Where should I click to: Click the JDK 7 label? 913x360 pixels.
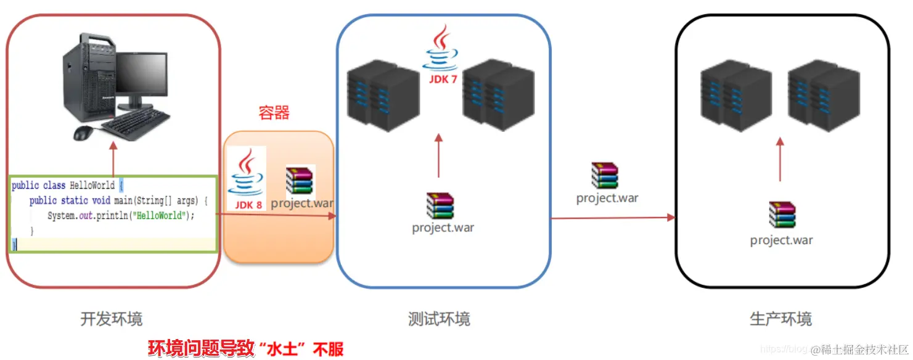tap(443, 79)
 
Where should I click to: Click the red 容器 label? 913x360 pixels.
tap(274, 113)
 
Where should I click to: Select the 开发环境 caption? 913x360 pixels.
tap(112, 319)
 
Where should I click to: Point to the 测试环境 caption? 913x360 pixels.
tap(439, 319)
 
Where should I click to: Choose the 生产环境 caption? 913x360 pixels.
tap(780, 319)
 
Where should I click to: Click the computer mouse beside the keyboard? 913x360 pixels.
tap(84, 133)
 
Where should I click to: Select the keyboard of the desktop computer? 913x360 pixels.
tap(136, 126)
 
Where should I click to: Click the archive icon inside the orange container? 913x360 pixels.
tap(300, 179)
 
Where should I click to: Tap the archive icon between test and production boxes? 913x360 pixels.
tap(605, 176)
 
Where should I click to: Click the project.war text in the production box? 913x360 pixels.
tap(781, 240)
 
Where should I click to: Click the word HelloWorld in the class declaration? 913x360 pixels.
tap(92, 186)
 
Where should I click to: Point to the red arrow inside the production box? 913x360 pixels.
tap(780, 159)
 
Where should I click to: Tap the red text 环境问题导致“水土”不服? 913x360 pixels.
tap(245, 349)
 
